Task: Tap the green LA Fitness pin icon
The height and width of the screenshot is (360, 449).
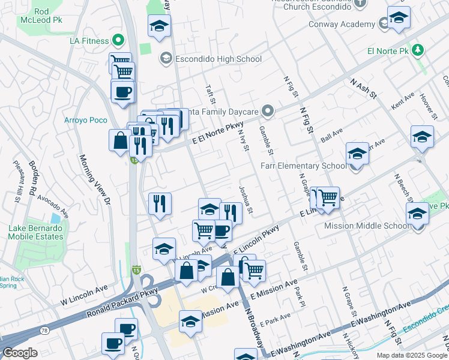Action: coord(118,41)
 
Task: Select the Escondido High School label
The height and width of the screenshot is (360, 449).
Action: coord(218,59)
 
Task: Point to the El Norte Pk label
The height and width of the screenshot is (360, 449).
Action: coord(391,51)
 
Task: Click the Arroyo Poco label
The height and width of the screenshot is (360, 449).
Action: coord(86,120)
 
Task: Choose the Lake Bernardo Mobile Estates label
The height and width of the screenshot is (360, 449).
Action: coord(35,232)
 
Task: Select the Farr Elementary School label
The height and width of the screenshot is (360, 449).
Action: coord(303,166)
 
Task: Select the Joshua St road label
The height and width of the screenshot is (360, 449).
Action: coord(246,200)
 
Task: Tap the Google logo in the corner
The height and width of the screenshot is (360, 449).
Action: coord(20,353)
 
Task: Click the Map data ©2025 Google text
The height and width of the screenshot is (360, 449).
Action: coord(411,355)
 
